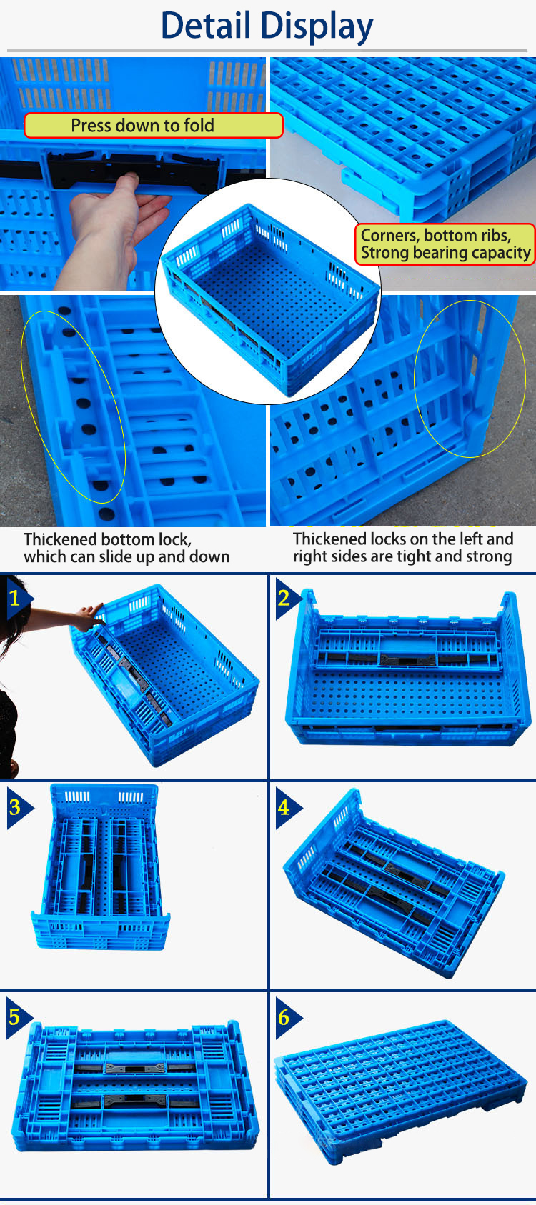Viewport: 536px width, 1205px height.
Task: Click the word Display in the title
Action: (x=317, y=27)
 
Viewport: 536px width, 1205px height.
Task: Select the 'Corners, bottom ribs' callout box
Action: (x=445, y=244)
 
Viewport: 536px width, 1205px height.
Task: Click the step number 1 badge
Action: (x=15, y=597)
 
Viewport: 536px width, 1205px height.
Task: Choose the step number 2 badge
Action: (x=284, y=597)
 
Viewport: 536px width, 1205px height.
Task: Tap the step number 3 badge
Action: (x=15, y=807)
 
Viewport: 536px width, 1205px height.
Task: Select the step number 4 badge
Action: (x=284, y=807)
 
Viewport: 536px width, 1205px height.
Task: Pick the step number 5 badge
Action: (x=15, y=1016)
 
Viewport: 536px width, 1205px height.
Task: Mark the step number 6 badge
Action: (x=284, y=1016)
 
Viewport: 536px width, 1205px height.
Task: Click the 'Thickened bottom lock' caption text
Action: (x=126, y=548)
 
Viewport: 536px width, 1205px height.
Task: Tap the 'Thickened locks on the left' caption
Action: (x=402, y=548)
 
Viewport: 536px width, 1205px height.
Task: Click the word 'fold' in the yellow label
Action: (x=198, y=126)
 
